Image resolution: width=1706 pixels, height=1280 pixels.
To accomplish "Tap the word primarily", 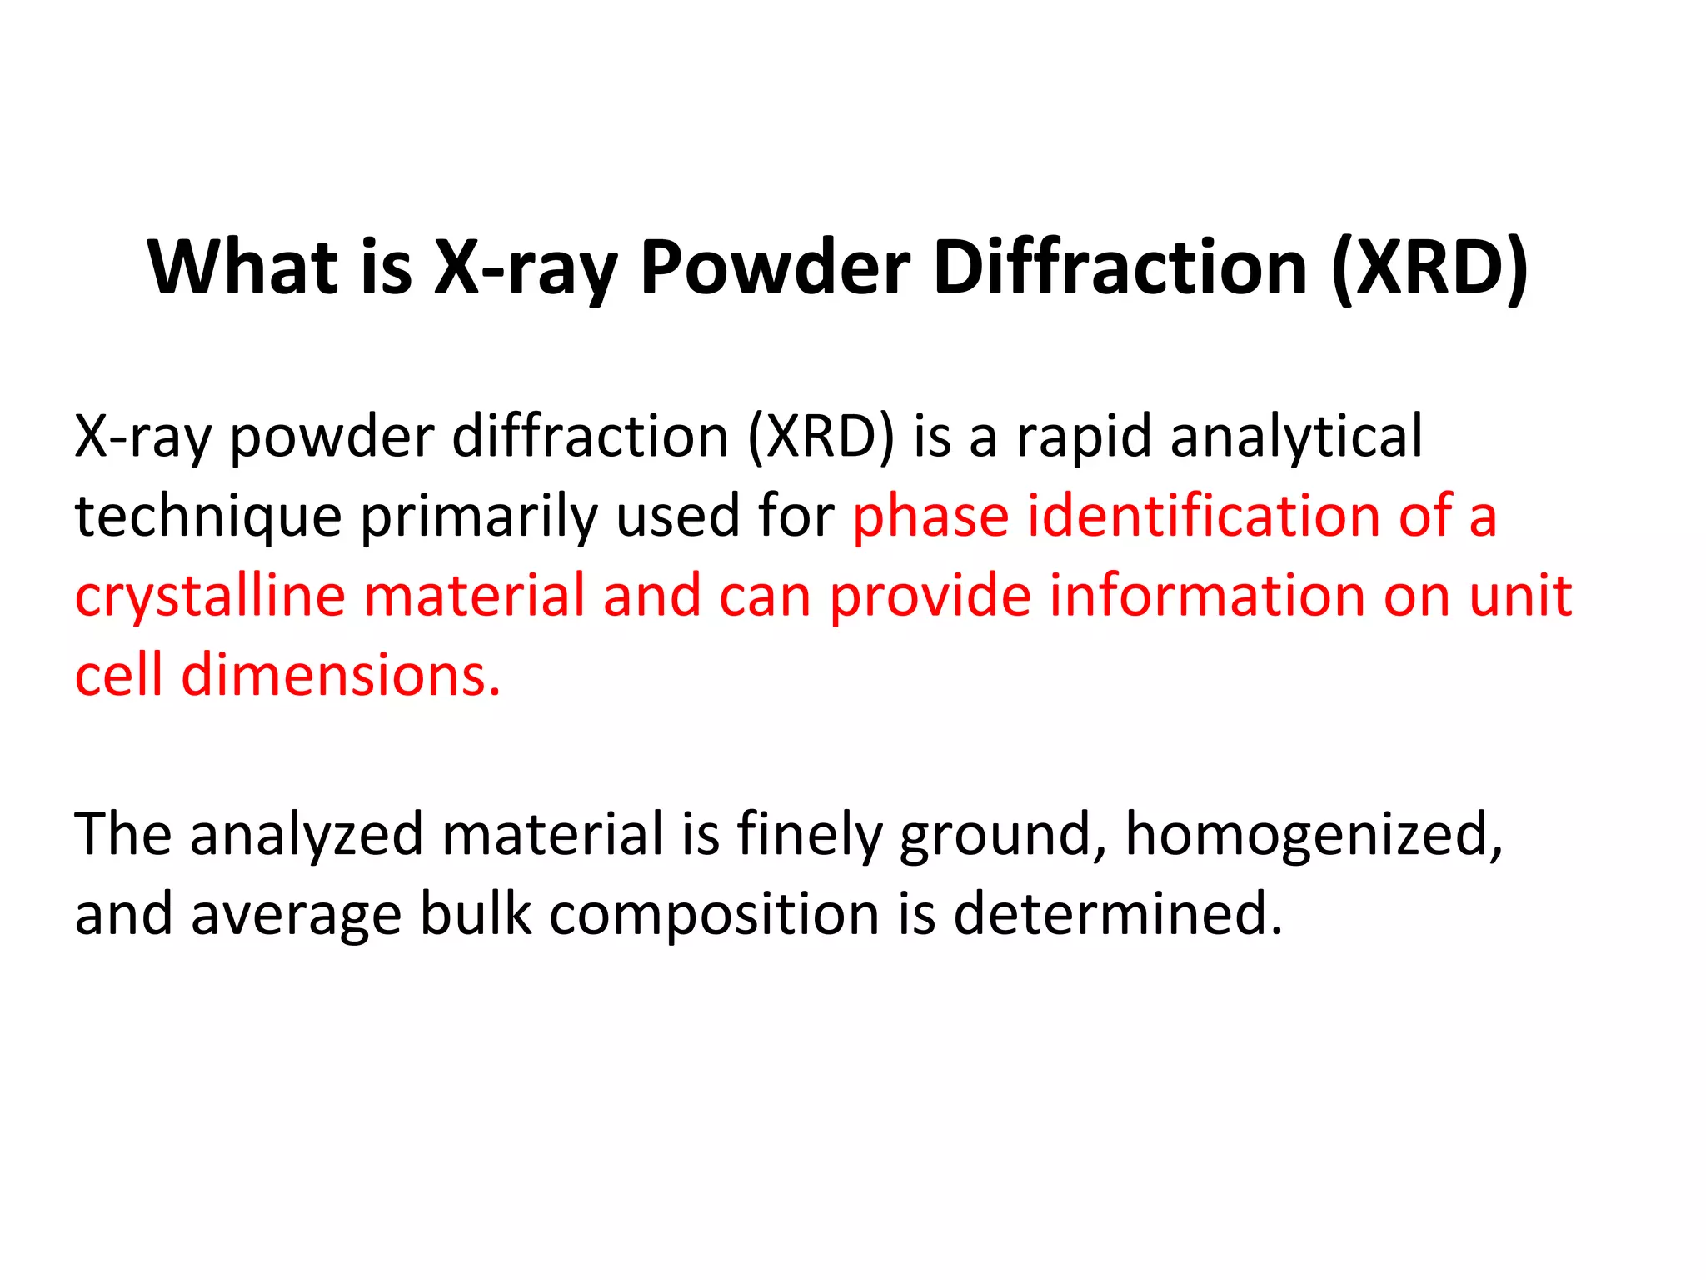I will (x=479, y=517).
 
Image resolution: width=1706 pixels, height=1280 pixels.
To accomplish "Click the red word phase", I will (x=930, y=517).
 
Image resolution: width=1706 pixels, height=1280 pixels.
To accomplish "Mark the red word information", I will (x=1207, y=595).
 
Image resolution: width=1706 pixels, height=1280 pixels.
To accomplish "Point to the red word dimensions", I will (x=341, y=675).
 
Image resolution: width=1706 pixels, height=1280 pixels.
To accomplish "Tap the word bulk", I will (x=475, y=913).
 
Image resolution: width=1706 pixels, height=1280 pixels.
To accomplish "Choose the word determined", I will (x=1117, y=913).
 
